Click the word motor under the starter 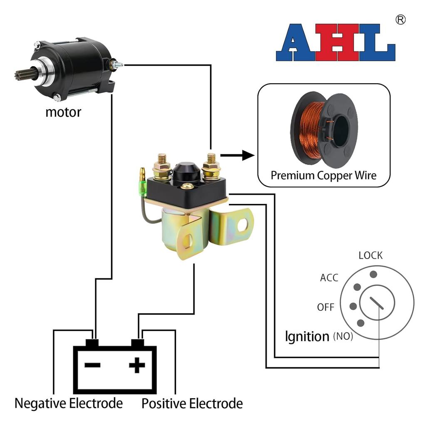(63, 112)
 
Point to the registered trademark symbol (400, 20)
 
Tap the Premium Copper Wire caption (323, 175)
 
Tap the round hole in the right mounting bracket (242, 225)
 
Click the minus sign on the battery (92, 366)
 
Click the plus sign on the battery (137, 366)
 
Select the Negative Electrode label (69, 403)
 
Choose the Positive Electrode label (192, 403)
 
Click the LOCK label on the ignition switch (370, 255)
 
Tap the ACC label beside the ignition (329, 278)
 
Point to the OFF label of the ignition (326, 307)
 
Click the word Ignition (307, 336)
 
